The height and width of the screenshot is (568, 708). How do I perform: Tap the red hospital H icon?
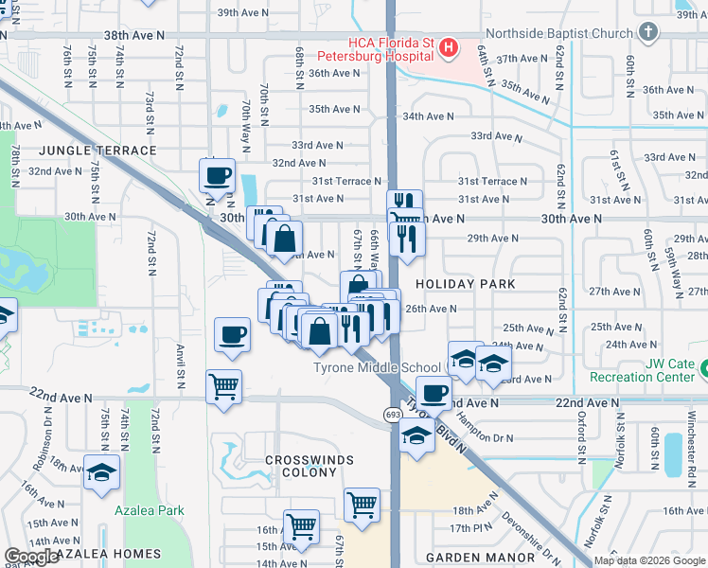coord(449,46)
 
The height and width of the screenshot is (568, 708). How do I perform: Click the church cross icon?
coord(647,33)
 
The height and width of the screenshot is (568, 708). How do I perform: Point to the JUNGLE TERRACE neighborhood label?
coord(97,151)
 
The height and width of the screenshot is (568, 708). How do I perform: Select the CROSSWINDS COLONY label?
coord(309,467)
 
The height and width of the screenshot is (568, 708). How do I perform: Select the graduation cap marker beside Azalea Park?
coord(101,472)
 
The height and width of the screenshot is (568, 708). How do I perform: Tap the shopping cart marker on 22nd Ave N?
coord(223,386)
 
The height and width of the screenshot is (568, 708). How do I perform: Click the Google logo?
coord(31,556)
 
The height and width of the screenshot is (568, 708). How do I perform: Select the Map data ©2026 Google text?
coord(648,560)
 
